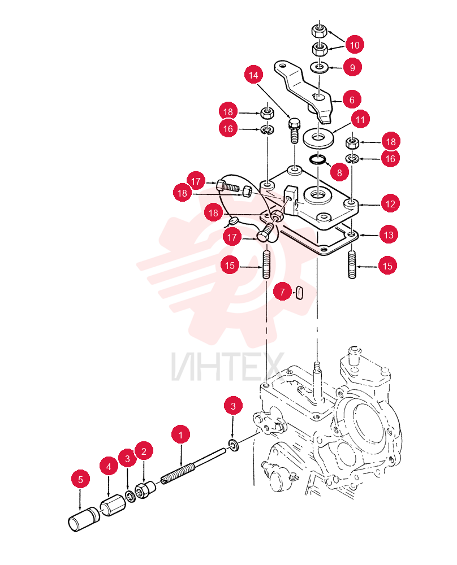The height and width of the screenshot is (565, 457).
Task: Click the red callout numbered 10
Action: (x=355, y=45)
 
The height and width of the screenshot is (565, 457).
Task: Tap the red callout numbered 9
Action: (x=352, y=67)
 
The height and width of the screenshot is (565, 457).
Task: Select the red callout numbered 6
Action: (x=351, y=99)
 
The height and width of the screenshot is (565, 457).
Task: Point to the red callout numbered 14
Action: (x=253, y=75)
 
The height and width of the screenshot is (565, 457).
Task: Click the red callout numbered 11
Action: (x=360, y=119)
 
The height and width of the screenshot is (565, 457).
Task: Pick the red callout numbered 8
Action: (x=339, y=172)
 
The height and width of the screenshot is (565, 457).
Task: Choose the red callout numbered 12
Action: (x=390, y=204)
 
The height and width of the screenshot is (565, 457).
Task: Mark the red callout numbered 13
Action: (x=389, y=235)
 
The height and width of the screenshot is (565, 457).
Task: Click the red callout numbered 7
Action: (x=282, y=292)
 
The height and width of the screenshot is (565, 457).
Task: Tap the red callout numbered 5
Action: (x=80, y=479)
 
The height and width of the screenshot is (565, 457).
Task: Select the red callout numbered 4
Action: (x=109, y=467)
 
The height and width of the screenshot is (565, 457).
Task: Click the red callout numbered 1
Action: (x=181, y=435)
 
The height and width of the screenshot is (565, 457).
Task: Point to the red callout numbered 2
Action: (x=144, y=451)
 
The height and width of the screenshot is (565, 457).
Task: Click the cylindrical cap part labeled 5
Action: (x=84, y=519)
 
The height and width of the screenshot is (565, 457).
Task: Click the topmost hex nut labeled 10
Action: (x=319, y=31)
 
